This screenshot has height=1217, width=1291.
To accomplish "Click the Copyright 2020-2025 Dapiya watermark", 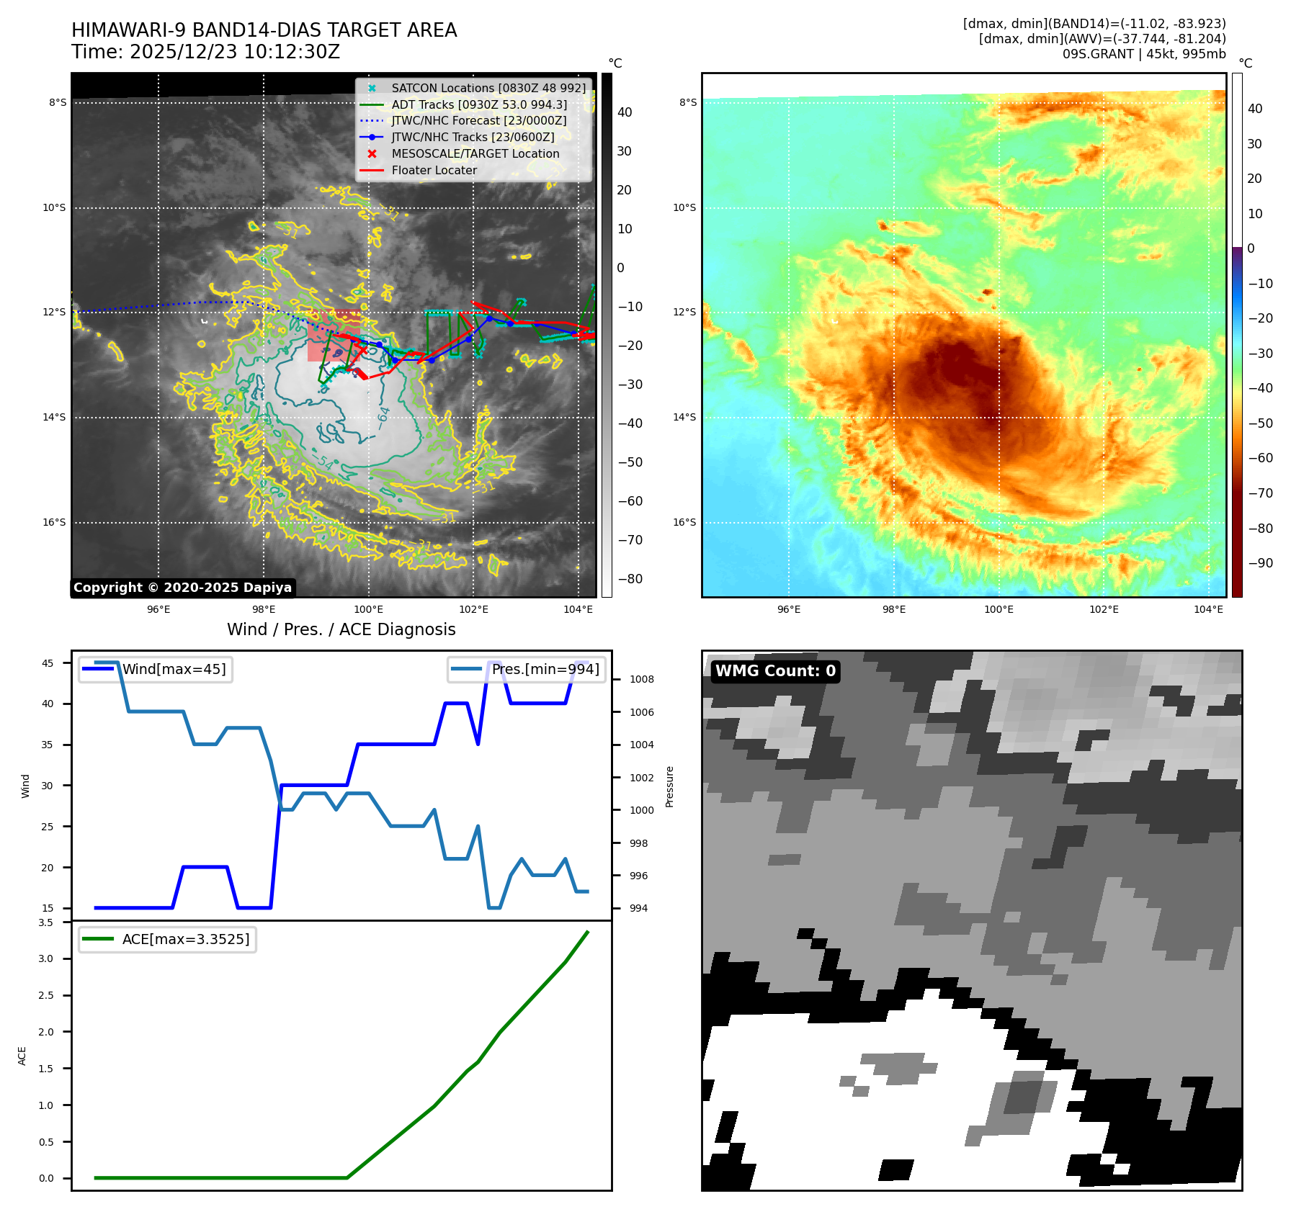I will (x=182, y=588).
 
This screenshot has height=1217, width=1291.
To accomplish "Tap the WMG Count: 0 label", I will (x=775, y=671).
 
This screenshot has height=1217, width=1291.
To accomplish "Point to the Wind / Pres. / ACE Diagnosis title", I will (x=341, y=629).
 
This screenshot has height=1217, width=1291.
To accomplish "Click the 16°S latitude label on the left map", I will (x=54, y=523).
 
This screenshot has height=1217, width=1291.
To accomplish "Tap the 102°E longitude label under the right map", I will (x=1104, y=609).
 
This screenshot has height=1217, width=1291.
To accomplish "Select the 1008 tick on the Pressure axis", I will (x=641, y=679).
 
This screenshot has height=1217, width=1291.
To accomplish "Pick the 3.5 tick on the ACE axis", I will (x=46, y=922).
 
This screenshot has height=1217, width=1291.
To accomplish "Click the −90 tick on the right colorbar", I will (x=1260, y=563).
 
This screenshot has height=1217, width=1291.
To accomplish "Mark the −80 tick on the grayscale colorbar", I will (x=630, y=579).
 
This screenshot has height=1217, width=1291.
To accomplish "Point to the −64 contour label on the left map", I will (x=384, y=417).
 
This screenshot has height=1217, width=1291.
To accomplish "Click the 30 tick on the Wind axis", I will (x=48, y=786).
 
